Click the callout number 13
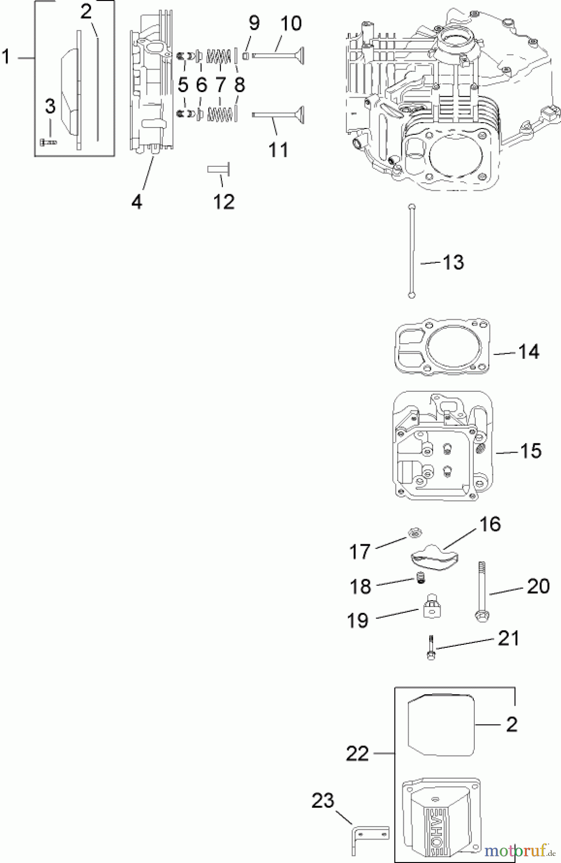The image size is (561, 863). [x=453, y=262]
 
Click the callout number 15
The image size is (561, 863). [x=530, y=451]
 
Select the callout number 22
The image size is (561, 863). [x=357, y=754]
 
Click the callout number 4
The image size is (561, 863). [x=137, y=202]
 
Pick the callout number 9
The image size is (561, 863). [x=254, y=23]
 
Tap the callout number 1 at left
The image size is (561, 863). [x=6, y=58]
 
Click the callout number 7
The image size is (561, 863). [x=220, y=85]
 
